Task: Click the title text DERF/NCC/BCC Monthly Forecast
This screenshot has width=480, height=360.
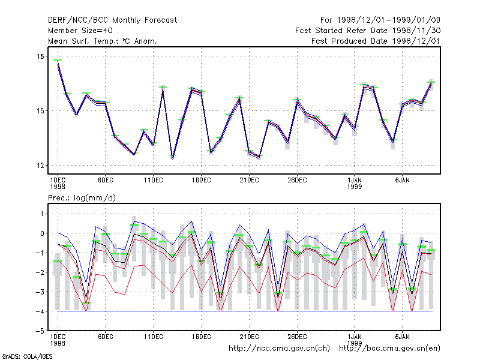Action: tap(112, 20)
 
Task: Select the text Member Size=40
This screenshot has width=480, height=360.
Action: tap(80, 31)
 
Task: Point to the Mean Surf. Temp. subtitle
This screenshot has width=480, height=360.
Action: tap(102, 41)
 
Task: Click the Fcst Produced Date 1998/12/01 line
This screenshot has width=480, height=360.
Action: tap(376, 41)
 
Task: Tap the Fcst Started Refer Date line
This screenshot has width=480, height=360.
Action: tap(368, 31)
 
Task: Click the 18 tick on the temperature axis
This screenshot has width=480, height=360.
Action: tap(40, 56)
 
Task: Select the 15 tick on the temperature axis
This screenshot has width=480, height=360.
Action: tap(40, 111)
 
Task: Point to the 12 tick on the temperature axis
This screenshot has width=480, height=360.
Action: tap(40, 166)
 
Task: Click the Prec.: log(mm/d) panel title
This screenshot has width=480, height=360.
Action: tap(82, 198)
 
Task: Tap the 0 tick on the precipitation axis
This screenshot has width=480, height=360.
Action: tap(42, 233)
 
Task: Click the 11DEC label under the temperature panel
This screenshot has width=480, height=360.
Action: tap(154, 181)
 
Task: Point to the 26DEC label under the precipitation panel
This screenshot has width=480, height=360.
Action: tap(297, 337)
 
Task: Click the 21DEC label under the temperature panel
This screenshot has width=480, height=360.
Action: tap(249, 181)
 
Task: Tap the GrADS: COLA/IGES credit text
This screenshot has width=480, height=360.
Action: tap(27, 356)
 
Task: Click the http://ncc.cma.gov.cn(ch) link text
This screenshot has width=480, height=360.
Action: tap(279, 349)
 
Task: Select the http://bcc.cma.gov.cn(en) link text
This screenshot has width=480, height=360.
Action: tap(389, 349)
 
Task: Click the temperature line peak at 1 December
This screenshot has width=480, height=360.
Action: tap(58, 61)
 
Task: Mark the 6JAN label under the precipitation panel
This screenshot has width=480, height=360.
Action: tap(402, 337)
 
